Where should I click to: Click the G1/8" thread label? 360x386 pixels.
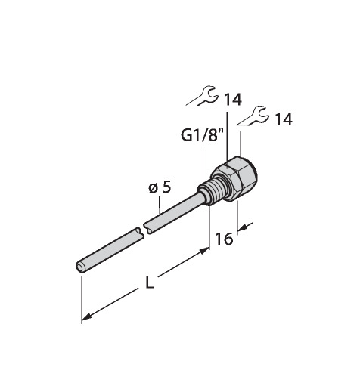click(x=202, y=136)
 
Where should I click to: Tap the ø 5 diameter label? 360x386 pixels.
click(x=160, y=188)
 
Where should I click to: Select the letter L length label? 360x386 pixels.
click(x=150, y=283)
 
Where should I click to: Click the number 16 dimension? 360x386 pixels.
click(x=224, y=239)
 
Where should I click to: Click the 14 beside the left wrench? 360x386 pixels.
click(x=233, y=100)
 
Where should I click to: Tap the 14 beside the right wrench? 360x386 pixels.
click(x=284, y=119)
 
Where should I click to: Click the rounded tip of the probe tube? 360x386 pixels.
click(x=80, y=267)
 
